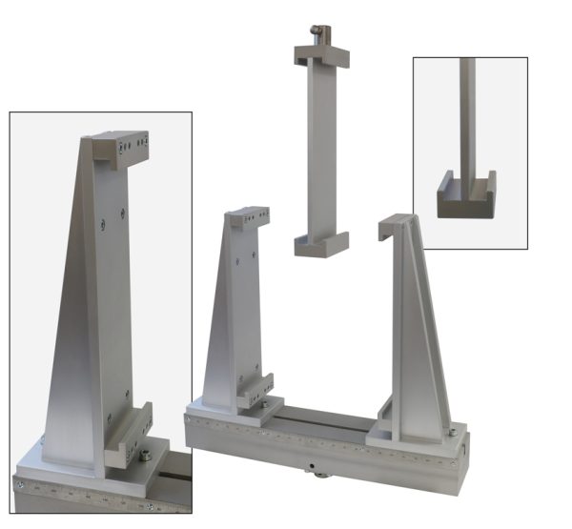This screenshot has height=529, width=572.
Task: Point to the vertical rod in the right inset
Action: point(466,114)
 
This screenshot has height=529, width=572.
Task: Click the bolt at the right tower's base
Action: point(450,433)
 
